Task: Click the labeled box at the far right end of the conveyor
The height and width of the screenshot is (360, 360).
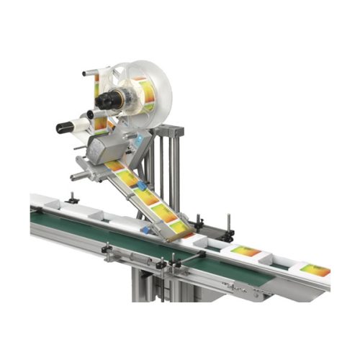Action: (315, 271)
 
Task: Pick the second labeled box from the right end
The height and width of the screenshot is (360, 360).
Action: (246, 251)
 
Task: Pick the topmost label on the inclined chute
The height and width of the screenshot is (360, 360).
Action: (115, 166)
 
